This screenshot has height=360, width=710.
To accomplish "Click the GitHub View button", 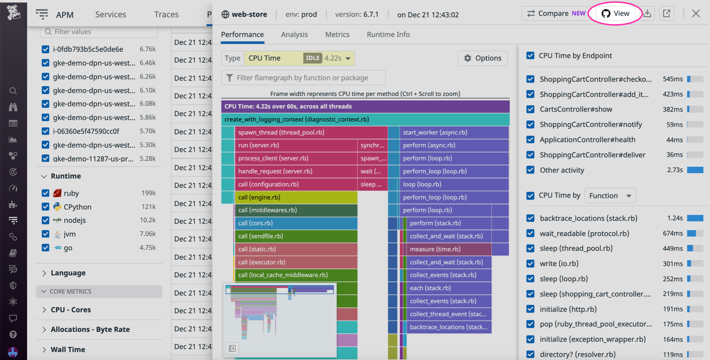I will click(x=615, y=14).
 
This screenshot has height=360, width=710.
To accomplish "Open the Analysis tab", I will click(x=294, y=35).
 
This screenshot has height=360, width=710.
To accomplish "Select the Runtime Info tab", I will click(x=388, y=35).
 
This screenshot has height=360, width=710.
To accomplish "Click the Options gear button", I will click(x=483, y=58).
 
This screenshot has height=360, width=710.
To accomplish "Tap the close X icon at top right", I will click(x=696, y=14).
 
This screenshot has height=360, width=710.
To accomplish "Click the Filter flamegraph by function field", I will click(x=303, y=78).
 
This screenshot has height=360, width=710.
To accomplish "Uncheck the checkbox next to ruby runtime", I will click(x=45, y=193).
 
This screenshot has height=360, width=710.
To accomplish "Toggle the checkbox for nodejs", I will click(x=45, y=220).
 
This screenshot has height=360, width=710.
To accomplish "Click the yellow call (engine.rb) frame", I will click(x=296, y=197).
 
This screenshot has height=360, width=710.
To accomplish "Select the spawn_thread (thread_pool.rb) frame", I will click(x=310, y=132).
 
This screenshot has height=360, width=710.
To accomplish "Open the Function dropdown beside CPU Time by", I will click(x=610, y=196).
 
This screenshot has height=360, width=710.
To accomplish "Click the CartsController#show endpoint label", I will click(x=576, y=109).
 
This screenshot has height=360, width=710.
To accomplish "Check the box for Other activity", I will click(x=530, y=170).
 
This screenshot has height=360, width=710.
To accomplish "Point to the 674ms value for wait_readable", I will click(x=672, y=233).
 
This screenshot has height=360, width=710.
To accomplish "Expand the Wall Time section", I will click(x=68, y=350).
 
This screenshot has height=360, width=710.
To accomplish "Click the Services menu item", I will click(x=110, y=14).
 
